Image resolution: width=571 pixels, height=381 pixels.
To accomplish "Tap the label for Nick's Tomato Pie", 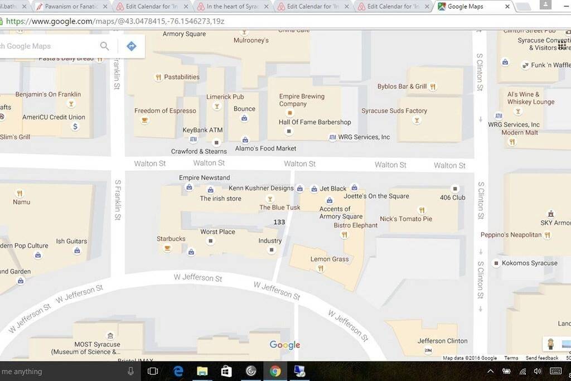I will (x=406, y=219).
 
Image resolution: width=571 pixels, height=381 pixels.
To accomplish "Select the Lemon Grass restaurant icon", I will (x=320, y=268).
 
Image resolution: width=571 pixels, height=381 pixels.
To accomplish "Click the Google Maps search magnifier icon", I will (x=104, y=46).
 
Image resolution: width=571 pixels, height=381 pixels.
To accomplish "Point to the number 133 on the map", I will (x=279, y=222).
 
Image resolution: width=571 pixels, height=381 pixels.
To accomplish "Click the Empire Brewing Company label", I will (x=302, y=100).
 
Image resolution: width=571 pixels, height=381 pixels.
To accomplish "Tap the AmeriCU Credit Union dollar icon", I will (x=75, y=127).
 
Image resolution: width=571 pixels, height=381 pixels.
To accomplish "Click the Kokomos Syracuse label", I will (x=529, y=263).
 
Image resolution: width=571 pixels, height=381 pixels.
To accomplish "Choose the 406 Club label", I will (x=452, y=197).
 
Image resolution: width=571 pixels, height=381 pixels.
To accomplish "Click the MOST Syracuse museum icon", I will (x=110, y=336).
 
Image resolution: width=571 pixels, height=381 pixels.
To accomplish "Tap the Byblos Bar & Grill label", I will (x=401, y=86).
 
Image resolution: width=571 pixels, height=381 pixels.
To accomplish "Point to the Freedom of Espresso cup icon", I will (x=144, y=120).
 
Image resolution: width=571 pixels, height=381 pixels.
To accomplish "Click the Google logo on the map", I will (x=285, y=345).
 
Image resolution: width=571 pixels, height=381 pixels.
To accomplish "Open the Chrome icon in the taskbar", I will (x=275, y=371).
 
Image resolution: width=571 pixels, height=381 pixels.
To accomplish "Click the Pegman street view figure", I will (x=550, y=343).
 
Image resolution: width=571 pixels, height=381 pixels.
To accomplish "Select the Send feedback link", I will (x=541, y=358).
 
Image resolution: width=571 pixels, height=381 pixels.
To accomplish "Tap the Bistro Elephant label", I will (x=355, y=225).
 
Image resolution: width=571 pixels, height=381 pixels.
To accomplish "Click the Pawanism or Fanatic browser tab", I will (x=72, y=7).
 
